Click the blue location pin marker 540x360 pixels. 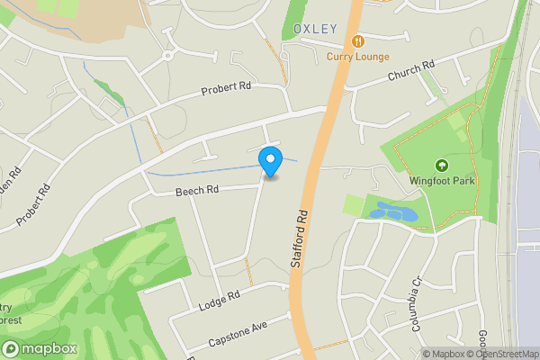(269, 160)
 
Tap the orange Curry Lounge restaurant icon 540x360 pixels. (359, 41)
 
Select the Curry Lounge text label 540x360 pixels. (358, 57)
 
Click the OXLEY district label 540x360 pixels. (315, 29)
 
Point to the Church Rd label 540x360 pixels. (411, 70)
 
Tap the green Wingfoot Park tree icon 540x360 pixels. (442, 165)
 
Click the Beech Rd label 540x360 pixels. (197, 191)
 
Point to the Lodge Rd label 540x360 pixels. (220, 298)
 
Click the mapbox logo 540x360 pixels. (40, 349)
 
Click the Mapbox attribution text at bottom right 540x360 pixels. (443, 354)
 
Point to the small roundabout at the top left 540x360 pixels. (166, 56)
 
